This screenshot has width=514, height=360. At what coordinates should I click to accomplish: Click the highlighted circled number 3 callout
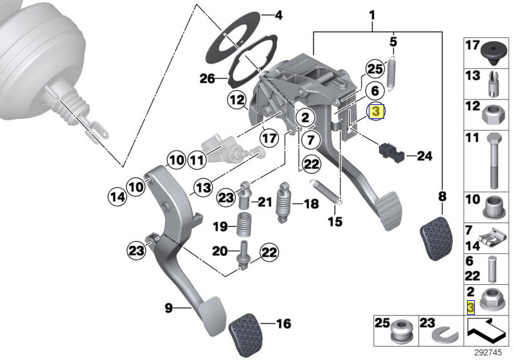[376, 111]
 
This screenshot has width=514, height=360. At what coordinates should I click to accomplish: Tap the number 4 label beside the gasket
[278, 15]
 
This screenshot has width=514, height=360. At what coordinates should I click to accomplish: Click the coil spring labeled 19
[244, 224]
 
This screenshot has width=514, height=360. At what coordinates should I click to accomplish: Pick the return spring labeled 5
[392, 73]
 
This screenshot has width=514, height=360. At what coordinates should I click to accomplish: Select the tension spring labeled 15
[327, 192]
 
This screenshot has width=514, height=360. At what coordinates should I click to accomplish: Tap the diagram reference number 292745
[488, 353]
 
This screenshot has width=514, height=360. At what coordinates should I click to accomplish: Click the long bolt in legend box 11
[494, 161]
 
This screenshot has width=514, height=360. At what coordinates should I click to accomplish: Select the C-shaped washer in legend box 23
[445, 335]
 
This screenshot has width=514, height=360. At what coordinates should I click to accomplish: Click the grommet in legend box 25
[401, 332]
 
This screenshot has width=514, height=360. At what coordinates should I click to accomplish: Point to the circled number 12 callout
[237, 100]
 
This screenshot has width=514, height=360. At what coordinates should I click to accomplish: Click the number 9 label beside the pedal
[168, 308]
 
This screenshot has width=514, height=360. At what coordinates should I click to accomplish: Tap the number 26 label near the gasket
[207, 78]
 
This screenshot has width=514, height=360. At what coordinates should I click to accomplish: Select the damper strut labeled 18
[283, 203]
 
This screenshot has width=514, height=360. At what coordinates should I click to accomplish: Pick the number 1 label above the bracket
[372, 15]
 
